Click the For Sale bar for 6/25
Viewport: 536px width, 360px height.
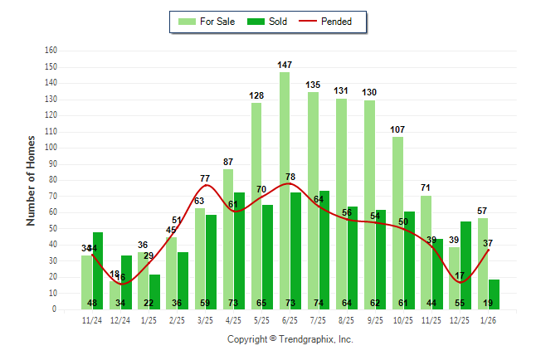point(285,191)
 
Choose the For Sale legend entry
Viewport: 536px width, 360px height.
point(207,22)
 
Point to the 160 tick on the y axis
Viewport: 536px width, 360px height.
point(51,50)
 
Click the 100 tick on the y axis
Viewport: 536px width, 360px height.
point(51,148)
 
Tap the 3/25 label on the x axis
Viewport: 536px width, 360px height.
point(205,319)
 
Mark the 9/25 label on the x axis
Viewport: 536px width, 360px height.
point(374,319)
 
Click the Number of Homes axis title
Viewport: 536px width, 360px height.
point(31,180)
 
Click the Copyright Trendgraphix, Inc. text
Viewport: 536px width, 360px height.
point(290,339)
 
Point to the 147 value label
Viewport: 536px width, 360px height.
point(285,64)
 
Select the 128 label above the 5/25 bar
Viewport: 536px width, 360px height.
point(256,95)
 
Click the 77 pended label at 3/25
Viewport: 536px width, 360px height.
point(205,178)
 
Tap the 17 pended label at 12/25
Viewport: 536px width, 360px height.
point(459,275)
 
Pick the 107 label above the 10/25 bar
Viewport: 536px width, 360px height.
point(397,129)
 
